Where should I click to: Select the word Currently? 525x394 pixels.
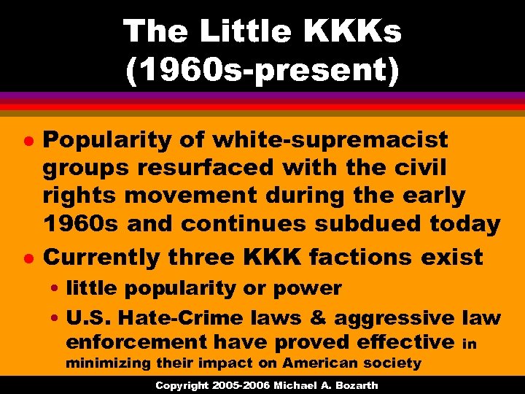[103, 257]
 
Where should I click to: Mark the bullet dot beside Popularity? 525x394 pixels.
[24, 140]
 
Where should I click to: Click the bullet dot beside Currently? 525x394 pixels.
[24, 258]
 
